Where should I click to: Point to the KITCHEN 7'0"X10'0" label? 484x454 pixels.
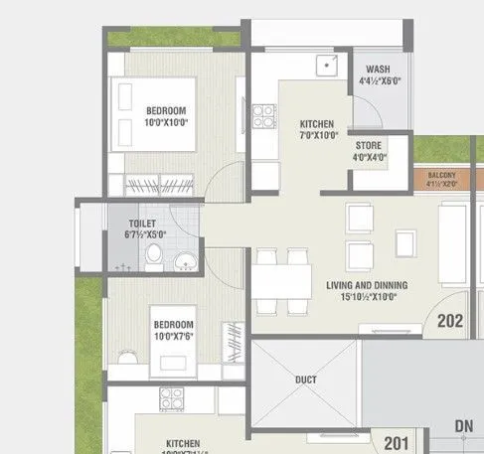point(319,129)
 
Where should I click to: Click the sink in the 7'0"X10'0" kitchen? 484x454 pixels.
point(324,67)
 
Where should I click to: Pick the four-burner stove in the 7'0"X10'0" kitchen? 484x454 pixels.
point(263,116)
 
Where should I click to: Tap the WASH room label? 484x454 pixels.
point(378,76)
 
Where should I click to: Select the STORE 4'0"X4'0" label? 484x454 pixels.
point(371,150)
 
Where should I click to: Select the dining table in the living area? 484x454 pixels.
point(282,277)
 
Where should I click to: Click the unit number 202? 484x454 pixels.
point(450,321)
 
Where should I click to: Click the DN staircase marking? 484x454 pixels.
point(463,426)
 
